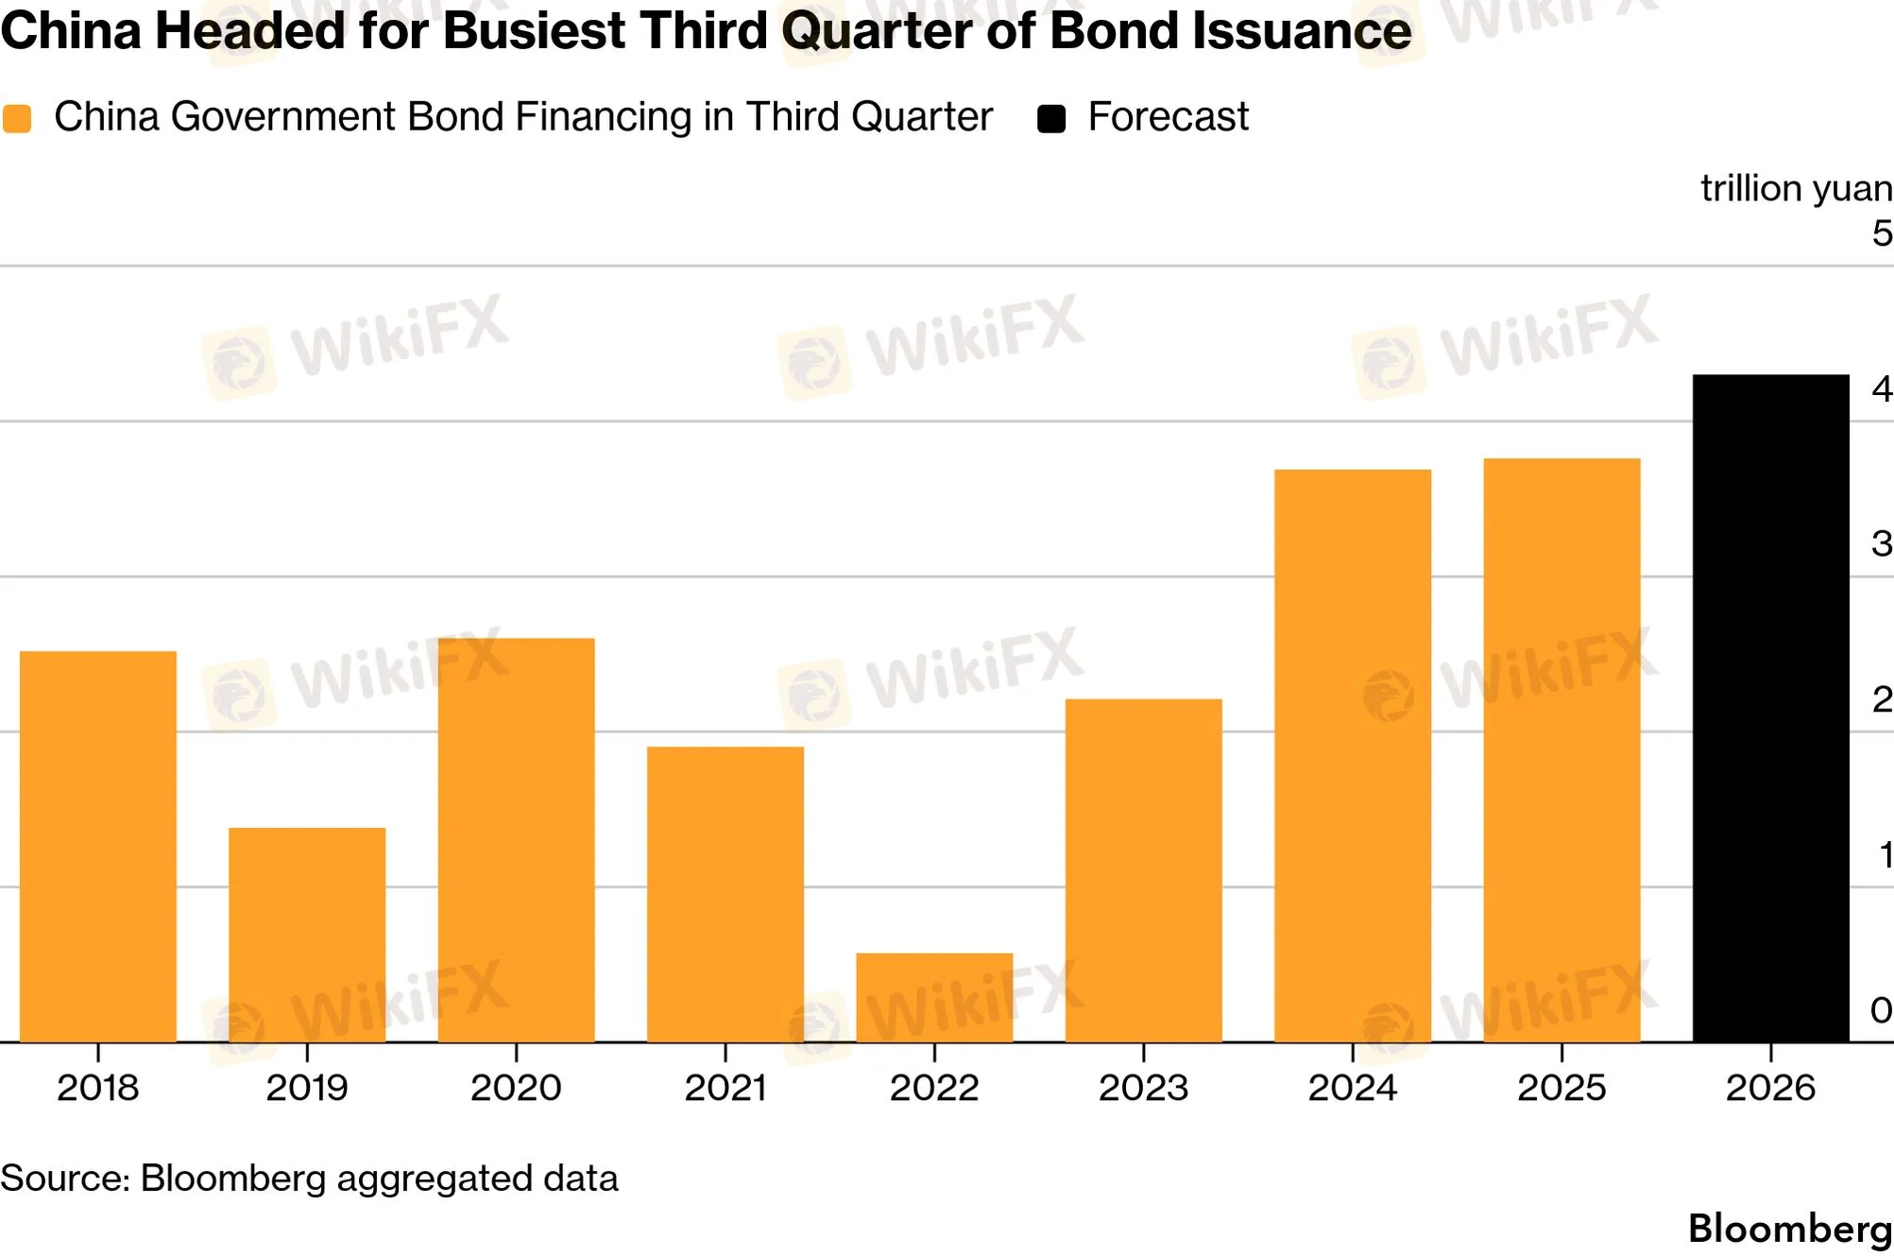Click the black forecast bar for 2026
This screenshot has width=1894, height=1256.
point(1770,709)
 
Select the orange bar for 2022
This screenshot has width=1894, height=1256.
point(934,998)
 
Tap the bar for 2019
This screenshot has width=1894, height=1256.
point(307,936)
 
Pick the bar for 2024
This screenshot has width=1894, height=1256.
point(1353,756)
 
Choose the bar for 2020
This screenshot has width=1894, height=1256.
point(517,840)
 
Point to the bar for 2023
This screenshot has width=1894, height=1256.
point(1144,870)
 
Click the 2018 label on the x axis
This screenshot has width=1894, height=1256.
point(98,1088)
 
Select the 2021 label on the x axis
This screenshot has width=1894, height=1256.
point(725,1088)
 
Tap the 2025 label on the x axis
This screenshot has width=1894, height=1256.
point(1561,1088)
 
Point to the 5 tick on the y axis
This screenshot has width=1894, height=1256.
point(1882,233)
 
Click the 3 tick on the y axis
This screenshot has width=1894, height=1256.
point(1882,543)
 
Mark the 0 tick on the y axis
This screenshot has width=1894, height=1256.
point(1882,1010)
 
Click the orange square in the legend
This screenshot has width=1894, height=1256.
point(17,119)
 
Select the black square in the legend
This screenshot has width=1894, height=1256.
point(1051,119)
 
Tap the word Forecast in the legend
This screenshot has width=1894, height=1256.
point(1169,117)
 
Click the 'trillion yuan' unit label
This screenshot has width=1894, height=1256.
point(1797,188)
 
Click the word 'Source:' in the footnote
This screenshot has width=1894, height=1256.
point(65,1179)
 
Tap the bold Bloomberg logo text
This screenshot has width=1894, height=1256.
point(1790,1229)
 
